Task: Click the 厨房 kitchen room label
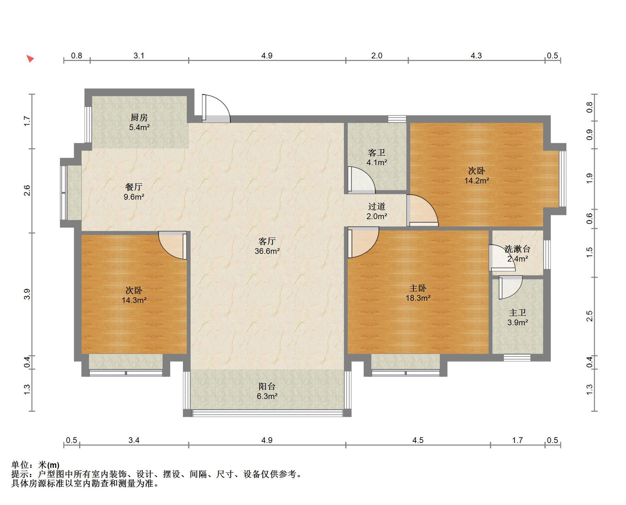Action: pyautogui.click(x=139, y=117)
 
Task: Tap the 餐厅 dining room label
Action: pyautogui.click(x=134, y=187)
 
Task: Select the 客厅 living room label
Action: pyautogui.click(x=267, y=241)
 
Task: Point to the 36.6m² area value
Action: pyautogui.click(x=267, y=251)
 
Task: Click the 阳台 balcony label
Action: pyautogui.click(x=267, y=386)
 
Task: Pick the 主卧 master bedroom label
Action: pyautogui.click(x=418, y=288)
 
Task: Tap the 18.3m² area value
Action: pyautogui.click(x=418, y=298)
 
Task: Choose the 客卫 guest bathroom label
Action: pyautogui.click(x=377, y=152)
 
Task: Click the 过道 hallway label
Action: pyautogui.click(x=377, y=206)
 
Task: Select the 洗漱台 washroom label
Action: pyautogui.click(x=517, y=249)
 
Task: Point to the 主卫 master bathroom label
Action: pyautogui.click(x=518, y=313)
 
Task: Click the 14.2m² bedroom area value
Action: pyautogui.click(x=477, y=180)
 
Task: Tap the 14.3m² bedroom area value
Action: pyautogui.click(x=134, y=300)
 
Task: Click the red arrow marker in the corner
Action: pyautogui.click(x=30, y=59)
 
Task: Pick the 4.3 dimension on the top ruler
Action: pyautogui.click(x=476, y=56)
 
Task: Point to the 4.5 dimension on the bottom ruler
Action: pyautogui.click(x=418, y=440)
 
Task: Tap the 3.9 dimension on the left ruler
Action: pyautogui.click(x=27, y=294)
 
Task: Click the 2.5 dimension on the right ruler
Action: pyautogui.click(x=589, y=316)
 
